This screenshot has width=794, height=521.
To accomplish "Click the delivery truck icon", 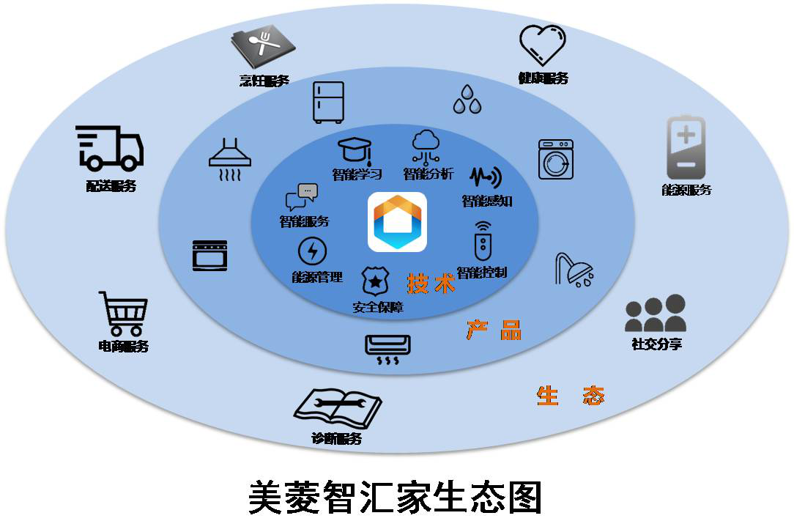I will (110, 148).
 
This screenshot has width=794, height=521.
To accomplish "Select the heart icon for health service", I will (543, 45).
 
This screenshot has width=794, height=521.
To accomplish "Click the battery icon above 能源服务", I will (686, 147).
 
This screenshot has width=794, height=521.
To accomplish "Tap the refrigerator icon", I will (328, 101).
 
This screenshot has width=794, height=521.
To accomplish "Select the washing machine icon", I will (556, 160).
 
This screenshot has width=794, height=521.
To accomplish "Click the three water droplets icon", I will (467, 99).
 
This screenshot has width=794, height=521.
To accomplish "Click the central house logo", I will (397, 222).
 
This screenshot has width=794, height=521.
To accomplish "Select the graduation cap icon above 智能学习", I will (357, 150).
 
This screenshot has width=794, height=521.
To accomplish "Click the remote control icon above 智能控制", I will (481, 241).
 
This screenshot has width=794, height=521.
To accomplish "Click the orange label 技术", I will (431, 283).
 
